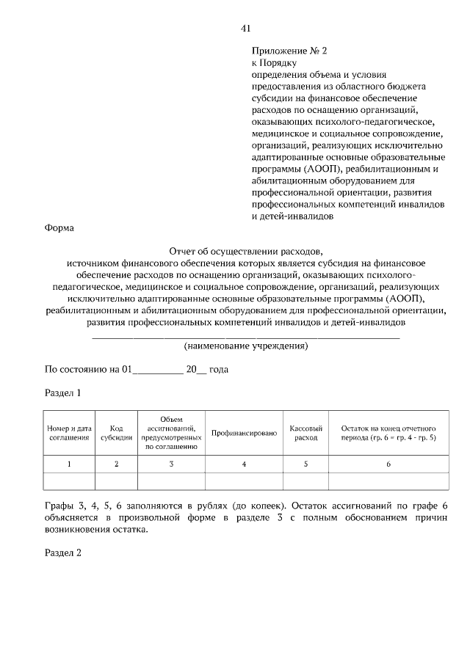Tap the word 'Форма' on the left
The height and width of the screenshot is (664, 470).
tap(59, 228)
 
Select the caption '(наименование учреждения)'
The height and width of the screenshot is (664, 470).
tap(245, 346)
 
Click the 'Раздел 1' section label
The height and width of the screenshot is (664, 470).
tap(63, 393)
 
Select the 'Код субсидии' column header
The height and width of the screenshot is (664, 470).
tap(116, 432)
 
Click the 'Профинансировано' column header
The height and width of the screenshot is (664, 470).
tap(244, 433)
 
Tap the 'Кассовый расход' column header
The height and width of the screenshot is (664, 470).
tap(305, 432)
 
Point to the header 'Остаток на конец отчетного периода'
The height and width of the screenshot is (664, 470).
tap(388, 432)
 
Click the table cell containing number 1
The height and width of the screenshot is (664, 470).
tap(69, 464)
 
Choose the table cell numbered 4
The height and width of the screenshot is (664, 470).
tap(244, 464)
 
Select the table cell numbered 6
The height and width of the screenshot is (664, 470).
tap(388, 464)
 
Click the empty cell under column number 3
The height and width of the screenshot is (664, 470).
tap(171, 481)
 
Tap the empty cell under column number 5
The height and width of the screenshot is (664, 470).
tap(305, 481)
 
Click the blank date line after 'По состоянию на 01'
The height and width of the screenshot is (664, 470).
tap(157, 372)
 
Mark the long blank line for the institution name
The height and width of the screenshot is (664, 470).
tap(245, 336)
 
